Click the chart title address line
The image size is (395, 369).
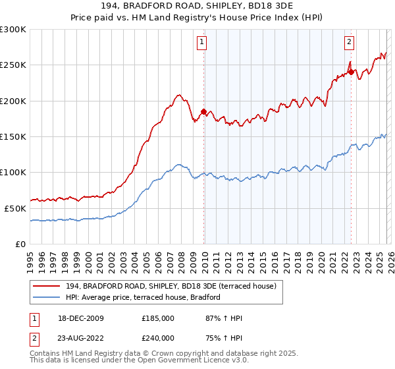(x=197, y=5)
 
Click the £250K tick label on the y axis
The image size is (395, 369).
(x=13, y=65)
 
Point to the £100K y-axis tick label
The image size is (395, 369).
(x=13, y=172)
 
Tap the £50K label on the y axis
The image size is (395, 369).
(x=15, y=208)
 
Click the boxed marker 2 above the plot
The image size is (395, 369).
(x=349, y=42)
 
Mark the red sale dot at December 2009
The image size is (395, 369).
(x=203, y=111)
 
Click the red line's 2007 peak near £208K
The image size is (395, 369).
(x=178, y=96)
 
